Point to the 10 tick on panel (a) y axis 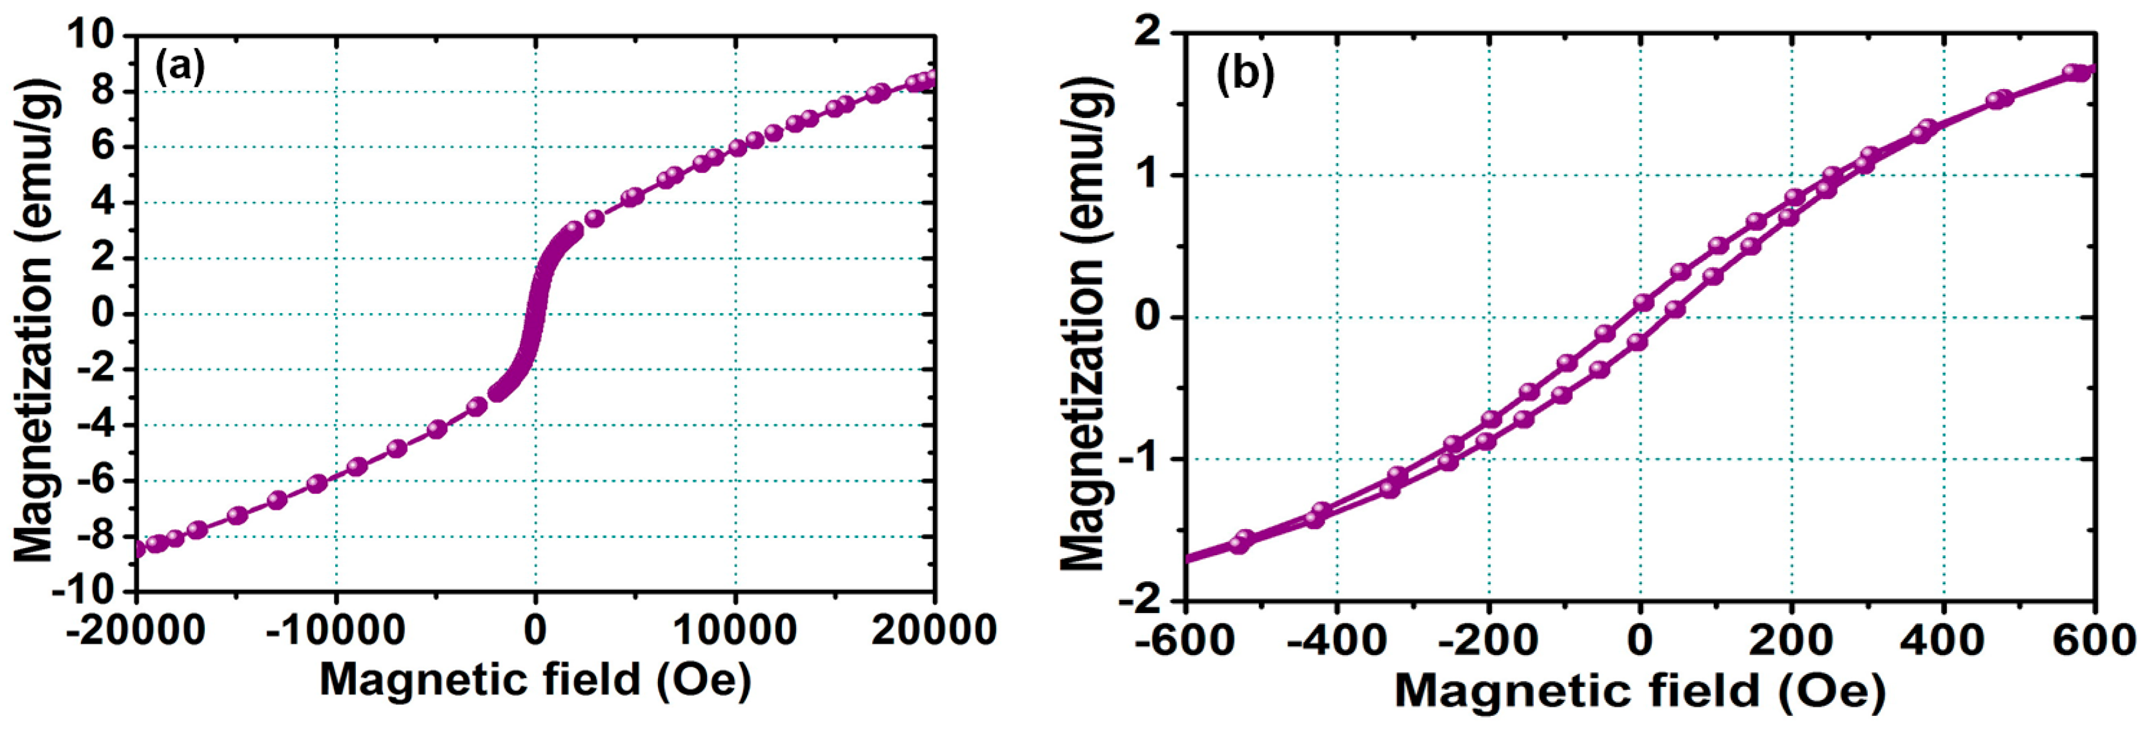click(x=93, y=35)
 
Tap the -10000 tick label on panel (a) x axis click(x=336, y=631)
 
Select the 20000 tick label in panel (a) click(x=934, y=631)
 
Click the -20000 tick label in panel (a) click(x=136, y=631)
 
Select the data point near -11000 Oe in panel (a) click(x=316, y=483)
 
